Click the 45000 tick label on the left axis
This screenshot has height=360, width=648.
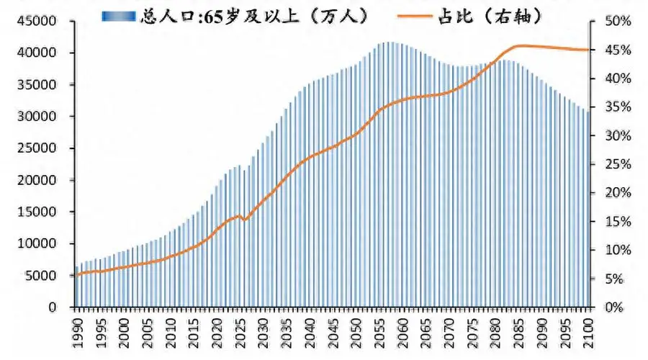point(37,21)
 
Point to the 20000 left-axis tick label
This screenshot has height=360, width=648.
point(37,180)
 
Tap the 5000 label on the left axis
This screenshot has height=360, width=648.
point(40,276)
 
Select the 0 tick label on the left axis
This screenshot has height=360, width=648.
point(52,307)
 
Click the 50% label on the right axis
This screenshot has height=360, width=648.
point(618,21)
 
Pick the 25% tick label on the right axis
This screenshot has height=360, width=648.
point(618,164)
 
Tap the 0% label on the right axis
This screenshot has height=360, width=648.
point(614,307)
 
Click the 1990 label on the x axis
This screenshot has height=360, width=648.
point(77,333)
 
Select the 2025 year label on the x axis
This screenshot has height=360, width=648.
point(240,333)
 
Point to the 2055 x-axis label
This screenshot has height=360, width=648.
point(379,333)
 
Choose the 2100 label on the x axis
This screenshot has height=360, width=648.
point(588,333)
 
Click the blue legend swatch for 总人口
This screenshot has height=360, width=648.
point(119,16)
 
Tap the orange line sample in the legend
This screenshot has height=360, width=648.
point(415,17)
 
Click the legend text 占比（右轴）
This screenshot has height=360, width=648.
point(490,17)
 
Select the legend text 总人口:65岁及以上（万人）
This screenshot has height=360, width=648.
point(253,17)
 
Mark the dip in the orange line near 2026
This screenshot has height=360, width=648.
point(244,220)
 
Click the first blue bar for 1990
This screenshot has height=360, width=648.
point(76,287)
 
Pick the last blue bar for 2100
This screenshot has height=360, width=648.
point(588,210)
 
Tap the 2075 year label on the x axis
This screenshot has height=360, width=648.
point(472,333)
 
